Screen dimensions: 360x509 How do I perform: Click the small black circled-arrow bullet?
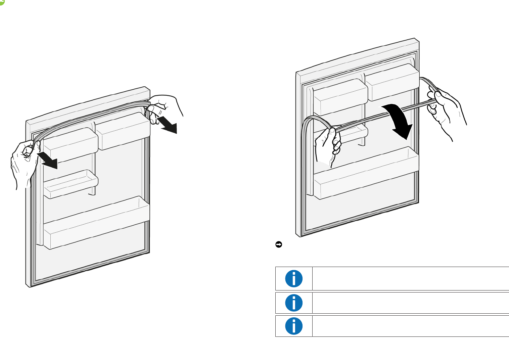278,244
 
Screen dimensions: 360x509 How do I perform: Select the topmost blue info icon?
294,278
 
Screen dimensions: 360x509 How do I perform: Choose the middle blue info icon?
294,303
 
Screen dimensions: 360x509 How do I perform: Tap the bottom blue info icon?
294,326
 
